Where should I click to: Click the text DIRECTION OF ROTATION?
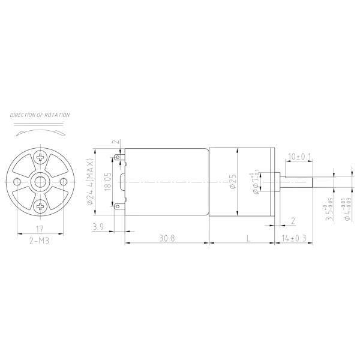[x=40, y=115]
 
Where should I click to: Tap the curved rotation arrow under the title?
[x=40, y=129]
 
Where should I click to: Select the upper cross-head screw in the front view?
[x=41, y=157]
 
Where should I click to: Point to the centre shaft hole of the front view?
[x=41, y=182]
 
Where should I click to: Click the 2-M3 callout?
[x=40, y=239]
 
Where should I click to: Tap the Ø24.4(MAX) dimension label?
[x=91, y=181]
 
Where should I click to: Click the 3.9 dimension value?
[x=98, y=226]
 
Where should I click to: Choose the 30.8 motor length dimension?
[x=167, y=238]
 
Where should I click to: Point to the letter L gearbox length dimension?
[x=248, y=238]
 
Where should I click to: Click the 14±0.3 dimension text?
[x=294, y=238]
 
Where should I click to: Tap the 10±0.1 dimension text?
[x=299, y=157]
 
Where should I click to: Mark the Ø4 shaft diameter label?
[x=347, y=207]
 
